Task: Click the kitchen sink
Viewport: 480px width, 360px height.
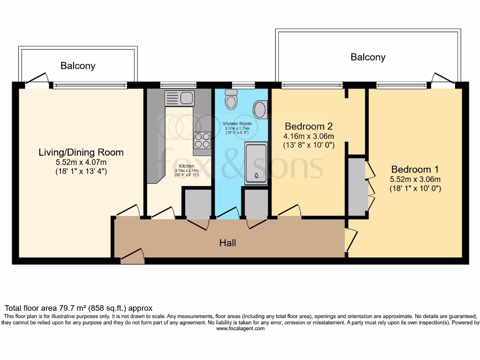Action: [x=180, y=98]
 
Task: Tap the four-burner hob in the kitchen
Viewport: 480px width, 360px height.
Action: [x=202, y=140]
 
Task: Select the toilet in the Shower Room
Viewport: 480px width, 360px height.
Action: [x=231, y=100]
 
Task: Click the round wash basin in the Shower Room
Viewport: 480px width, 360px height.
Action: [x=261, y=110]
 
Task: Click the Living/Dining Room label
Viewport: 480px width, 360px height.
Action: [x=81, y=152]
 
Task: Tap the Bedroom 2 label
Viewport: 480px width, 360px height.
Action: [x=309, y=126]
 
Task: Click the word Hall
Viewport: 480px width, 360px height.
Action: [x=228, y=243]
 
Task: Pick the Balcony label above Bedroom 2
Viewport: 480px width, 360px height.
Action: [x=368, y=57]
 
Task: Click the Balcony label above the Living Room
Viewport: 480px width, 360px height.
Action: [x=78, y=66]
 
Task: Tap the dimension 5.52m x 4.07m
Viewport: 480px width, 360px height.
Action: [x=81, y=162]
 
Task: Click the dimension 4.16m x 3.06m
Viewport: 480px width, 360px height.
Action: [x=309, y=136]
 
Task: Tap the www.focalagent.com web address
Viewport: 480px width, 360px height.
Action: [x=240, y=329]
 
